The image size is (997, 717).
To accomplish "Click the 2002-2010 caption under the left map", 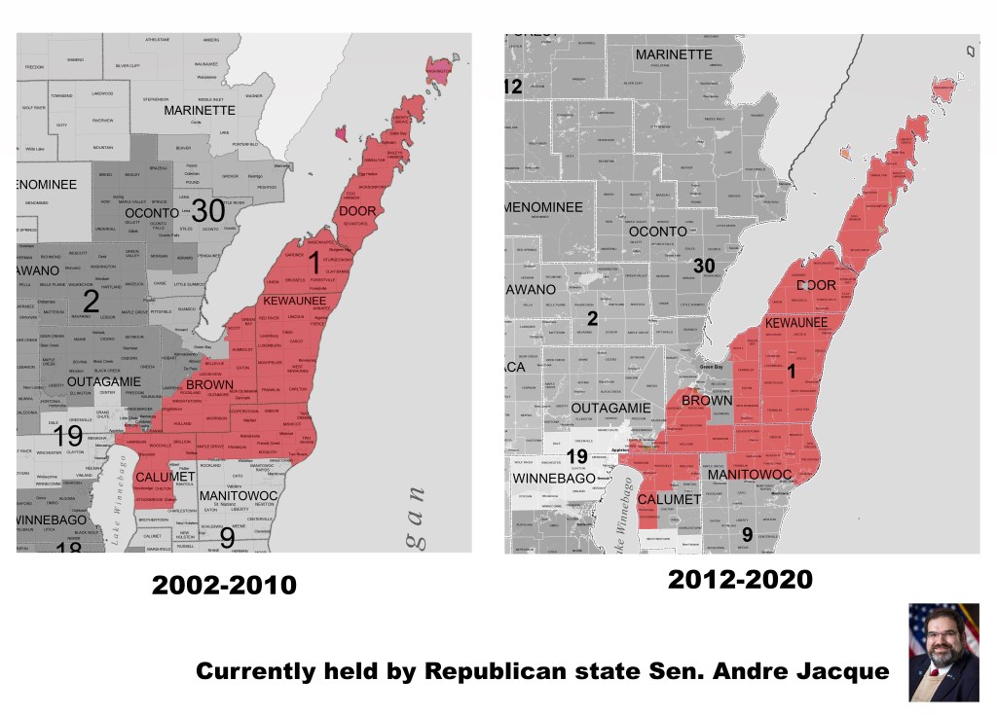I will tap(224, 586).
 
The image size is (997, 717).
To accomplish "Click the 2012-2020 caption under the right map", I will tap(740, 581).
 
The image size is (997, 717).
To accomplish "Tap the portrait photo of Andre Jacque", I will tap(943, 652).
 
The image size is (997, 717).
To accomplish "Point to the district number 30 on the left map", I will tap(207, 210).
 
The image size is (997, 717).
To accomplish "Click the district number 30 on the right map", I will tap(704, 265).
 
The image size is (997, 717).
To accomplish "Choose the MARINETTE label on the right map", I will tap(674, 55).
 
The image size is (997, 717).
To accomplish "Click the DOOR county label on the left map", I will tap(359, 211).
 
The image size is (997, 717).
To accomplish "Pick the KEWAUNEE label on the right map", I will tap(796, 322).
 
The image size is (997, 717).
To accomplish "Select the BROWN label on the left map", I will tap(208, 385).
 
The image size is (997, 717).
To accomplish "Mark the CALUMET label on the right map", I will tap(669, 499).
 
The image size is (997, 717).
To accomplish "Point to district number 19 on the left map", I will tap(67, 436).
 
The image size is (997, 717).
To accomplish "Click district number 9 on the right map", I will tap(747, 534).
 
